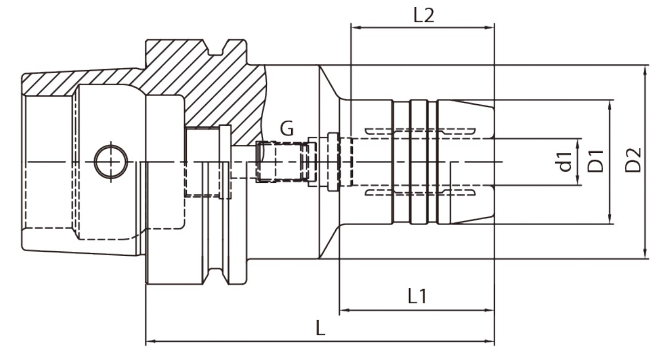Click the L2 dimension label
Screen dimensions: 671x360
tap(424, 15)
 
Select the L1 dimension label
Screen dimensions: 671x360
tap(417, 296)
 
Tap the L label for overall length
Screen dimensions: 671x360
tap(320, 329)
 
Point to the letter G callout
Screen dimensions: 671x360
tap(287, 128)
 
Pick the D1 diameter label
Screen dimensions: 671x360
tap(595, 161)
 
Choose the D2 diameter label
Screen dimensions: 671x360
tap(633, 160)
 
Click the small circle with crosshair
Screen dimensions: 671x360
tap(111, 162)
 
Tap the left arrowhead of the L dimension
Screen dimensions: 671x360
tap(150, 342)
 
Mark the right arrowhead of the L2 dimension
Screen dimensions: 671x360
tap(490, 28)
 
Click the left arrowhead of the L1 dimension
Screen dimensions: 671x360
tap(344, 310)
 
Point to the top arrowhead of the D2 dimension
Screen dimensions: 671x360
tap(645, 70)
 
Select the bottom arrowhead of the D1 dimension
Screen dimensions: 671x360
tap(610, 219)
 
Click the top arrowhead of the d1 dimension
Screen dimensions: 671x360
tap(578, 144)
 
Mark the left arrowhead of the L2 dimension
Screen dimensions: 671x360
tap(355, 28)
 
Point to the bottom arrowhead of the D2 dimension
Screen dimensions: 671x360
tap(645, 254)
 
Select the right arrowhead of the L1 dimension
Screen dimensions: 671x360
tap(490, 310)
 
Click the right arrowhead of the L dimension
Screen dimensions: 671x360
tap(490, 342)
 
